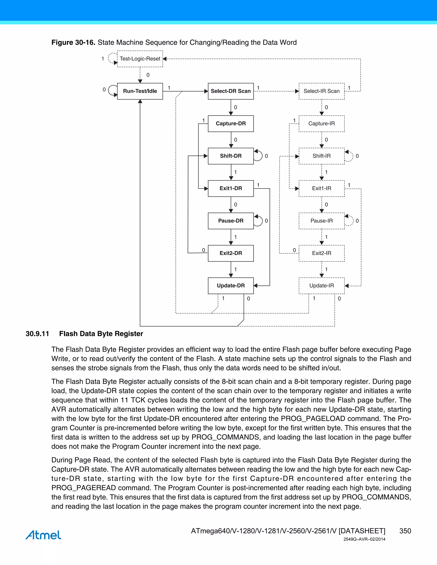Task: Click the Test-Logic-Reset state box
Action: (140, 59)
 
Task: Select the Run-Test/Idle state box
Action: (140, 91)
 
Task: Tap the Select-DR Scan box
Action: (231, 91)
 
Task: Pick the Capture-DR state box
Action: (231, 123)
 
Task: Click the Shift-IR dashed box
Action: (322, 156)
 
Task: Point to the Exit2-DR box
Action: (231, 253)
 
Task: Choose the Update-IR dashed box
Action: (322, 286)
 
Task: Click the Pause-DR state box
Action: (231, 221)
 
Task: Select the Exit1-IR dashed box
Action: (322, 188)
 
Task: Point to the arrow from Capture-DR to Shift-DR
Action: (231, 140)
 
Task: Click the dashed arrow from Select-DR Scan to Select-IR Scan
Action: (276, 91)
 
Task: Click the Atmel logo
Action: (43, 535)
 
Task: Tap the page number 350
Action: (405, 531)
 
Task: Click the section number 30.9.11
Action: (37, 334)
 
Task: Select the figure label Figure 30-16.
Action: (73, 42)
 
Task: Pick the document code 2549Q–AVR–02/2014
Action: (364, 539)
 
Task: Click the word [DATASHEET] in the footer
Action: (362, 531)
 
